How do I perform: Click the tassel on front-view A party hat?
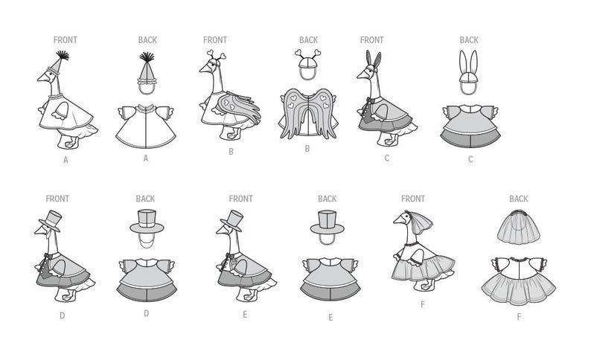coord(63,55)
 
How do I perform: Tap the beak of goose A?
coord(42,78)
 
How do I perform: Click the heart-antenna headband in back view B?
coord(308,64)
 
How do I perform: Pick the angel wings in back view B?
coord(308,113)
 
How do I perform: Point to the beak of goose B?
coord(205,69)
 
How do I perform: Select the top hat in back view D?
coord(147,222)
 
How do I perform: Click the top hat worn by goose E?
coord(231,221)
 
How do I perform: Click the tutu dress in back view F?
coord(519,280)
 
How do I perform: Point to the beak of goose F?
coord(399,220)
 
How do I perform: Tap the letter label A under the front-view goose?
coord(66,160)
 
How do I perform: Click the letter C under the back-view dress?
coord(470,159)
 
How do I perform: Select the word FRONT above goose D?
coord(57,199)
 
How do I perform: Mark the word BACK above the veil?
coord(519,199)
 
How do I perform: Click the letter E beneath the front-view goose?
coord(245,315)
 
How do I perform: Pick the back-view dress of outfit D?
coord(147,280)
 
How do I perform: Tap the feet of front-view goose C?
coord(389,140)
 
